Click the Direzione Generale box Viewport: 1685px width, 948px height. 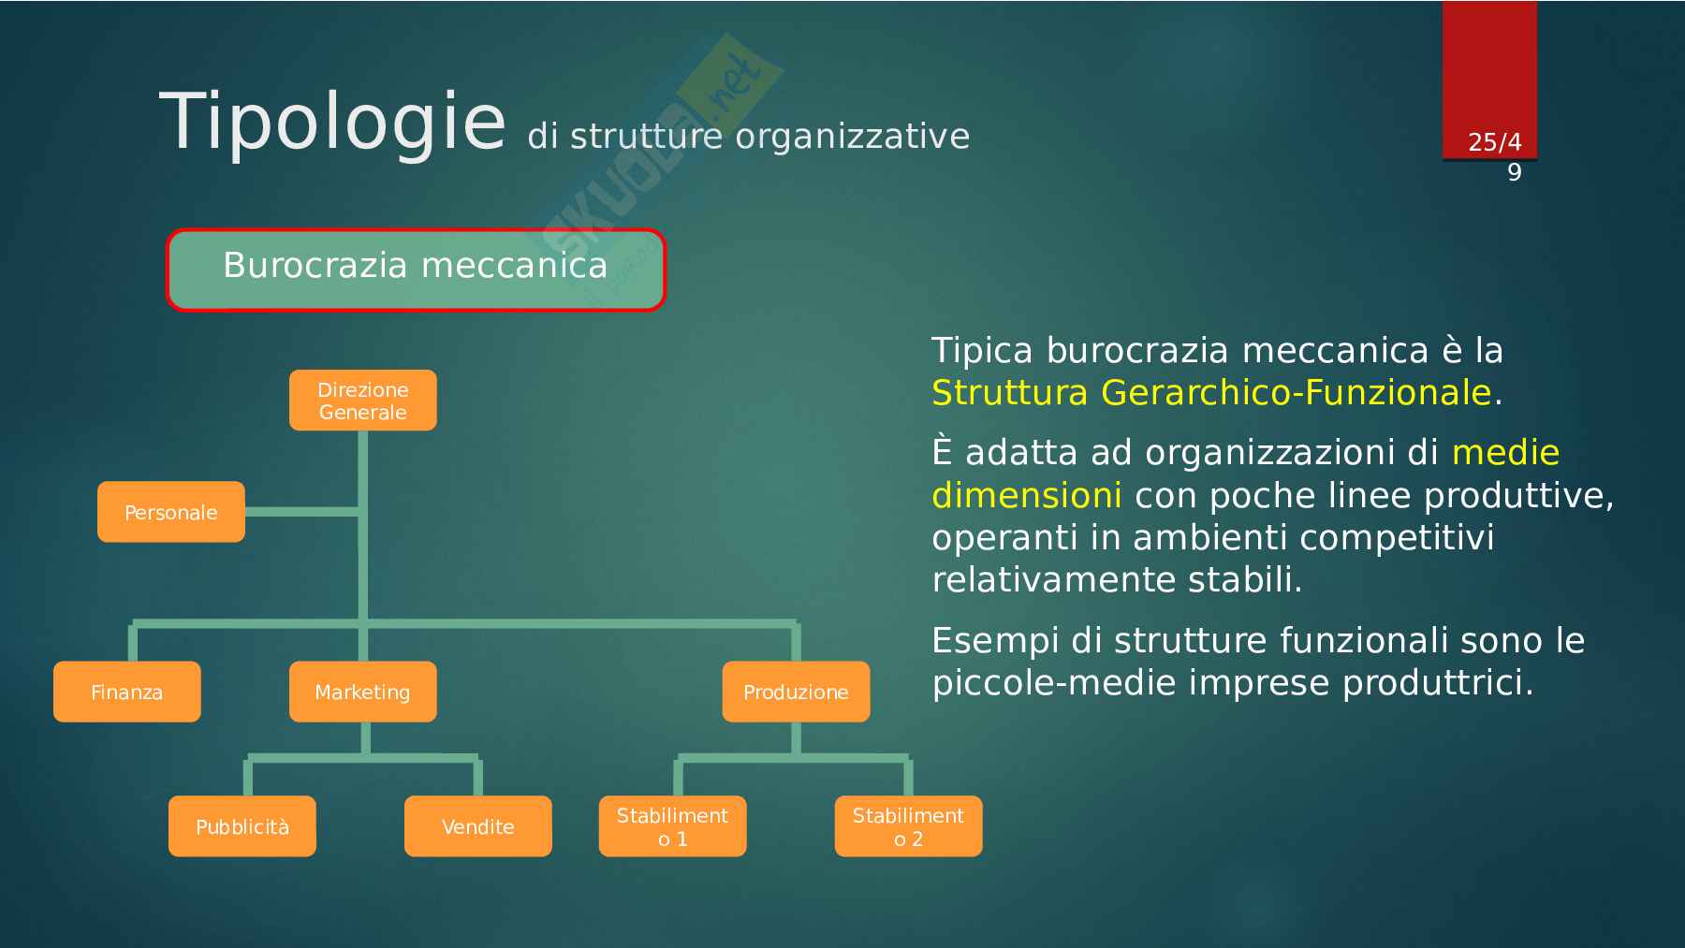(362, 401)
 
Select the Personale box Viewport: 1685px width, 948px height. (171, 512)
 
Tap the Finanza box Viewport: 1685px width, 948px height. (126, 692)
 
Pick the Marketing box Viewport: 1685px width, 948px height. (362, 692)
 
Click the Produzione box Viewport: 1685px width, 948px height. (796, 692)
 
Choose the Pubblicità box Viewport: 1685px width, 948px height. (242, 826)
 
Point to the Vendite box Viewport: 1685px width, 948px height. (477, 826)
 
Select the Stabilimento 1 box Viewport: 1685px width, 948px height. (672, 826)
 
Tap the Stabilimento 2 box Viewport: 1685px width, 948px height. (908, 826)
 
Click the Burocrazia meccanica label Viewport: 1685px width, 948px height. (416, 267)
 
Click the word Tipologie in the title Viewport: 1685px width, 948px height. (332, 122)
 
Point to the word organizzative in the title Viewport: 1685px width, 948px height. (852, 137)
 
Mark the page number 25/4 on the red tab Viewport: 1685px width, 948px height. (1494, 142)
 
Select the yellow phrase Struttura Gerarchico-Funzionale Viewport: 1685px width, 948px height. (1210, 392)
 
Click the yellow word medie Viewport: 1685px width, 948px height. (1505, 453)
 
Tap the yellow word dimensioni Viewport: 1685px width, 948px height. (1026, 495)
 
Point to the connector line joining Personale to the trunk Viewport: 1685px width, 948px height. (301, 512)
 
